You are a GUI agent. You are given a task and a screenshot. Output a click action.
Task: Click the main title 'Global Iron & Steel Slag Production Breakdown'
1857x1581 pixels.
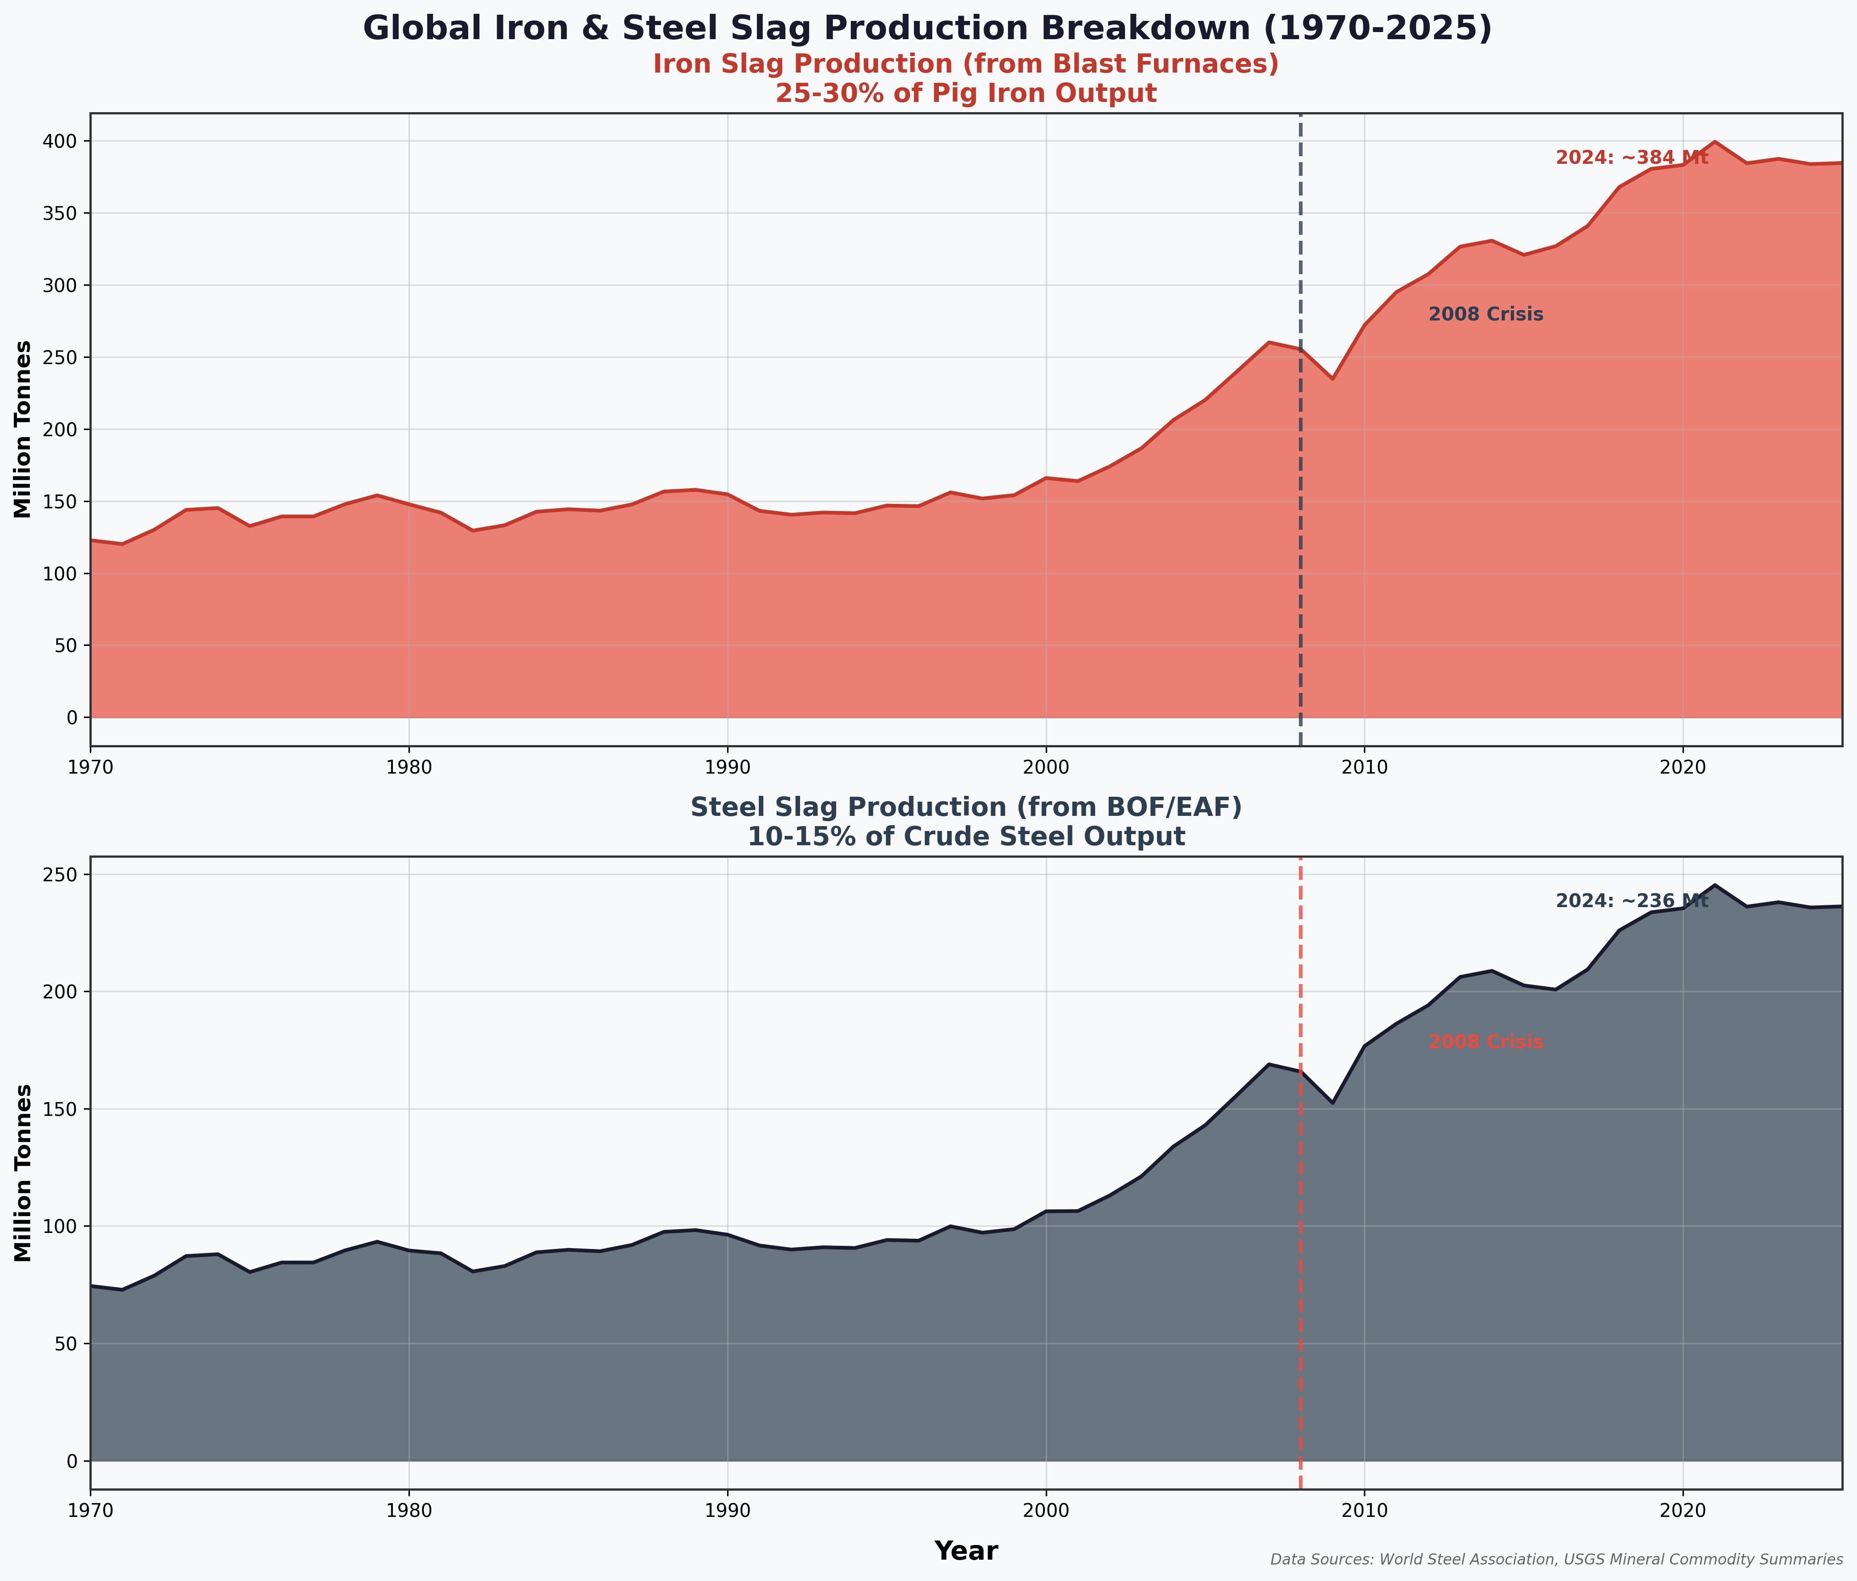(927, 28)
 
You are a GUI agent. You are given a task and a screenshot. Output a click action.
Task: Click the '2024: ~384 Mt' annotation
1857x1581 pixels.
(1631, 158)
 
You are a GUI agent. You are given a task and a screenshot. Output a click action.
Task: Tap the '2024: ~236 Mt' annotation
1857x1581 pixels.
(1631, 902)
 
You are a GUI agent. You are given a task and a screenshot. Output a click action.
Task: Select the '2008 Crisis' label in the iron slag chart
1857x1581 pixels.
(1485, 315)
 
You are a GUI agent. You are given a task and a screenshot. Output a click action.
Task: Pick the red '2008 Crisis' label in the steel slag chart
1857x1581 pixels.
(1485, 1042)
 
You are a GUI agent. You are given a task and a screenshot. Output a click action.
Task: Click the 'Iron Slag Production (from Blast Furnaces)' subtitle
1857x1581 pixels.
(965, 65)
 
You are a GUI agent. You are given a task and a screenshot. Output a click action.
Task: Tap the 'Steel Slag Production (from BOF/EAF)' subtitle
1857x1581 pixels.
(965, 807)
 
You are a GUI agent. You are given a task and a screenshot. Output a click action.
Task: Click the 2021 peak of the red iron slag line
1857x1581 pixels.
(1715, 142)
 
